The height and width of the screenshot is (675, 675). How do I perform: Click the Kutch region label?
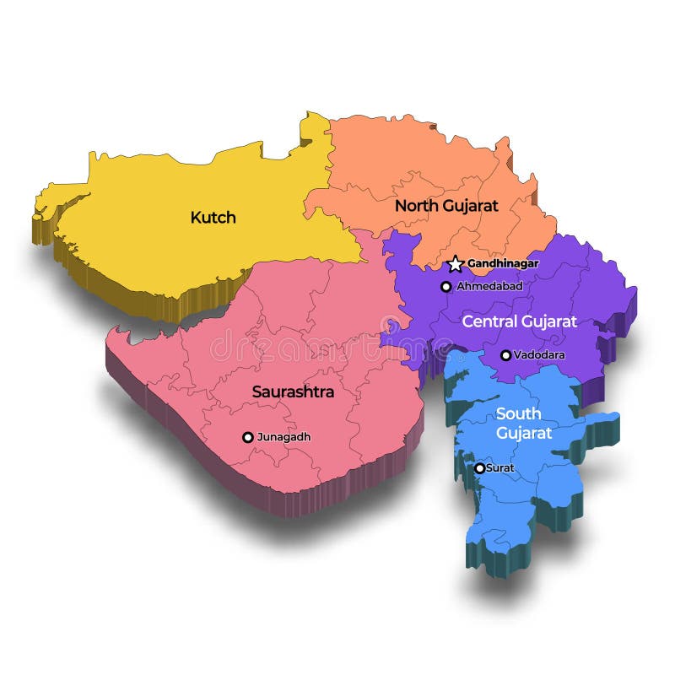coord(213,218)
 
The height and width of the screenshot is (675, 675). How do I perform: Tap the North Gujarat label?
coord(446,205)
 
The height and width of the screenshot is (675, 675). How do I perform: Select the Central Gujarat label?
coord(519,321)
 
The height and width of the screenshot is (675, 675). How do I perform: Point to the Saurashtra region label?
coord(293,392)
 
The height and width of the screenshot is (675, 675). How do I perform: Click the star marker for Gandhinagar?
coord(456,264)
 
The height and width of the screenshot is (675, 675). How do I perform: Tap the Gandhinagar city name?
coord(503,264)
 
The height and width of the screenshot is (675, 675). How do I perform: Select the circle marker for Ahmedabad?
coord(446,287)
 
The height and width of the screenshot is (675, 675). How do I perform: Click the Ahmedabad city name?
coord(489,287)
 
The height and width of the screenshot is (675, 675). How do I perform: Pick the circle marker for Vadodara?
coord(505,355)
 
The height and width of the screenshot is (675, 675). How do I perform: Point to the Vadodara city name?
coord(539,355)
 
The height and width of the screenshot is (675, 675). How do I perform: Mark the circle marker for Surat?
coord(479,467)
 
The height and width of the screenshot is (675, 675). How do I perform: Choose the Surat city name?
coord(500,467)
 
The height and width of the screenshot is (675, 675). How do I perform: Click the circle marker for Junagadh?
coord(247,437)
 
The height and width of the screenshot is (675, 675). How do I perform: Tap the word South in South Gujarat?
coord(519,413)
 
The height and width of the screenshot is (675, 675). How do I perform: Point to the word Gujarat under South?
coord(524,434)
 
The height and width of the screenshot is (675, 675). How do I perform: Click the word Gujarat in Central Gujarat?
coord(549,321)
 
